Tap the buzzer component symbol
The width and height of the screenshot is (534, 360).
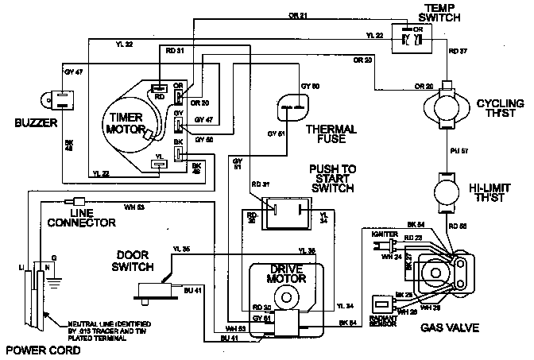click(44, 101)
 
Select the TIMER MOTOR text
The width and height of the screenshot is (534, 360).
click(125, 122)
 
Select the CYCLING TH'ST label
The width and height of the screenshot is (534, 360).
click(499, 109)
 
